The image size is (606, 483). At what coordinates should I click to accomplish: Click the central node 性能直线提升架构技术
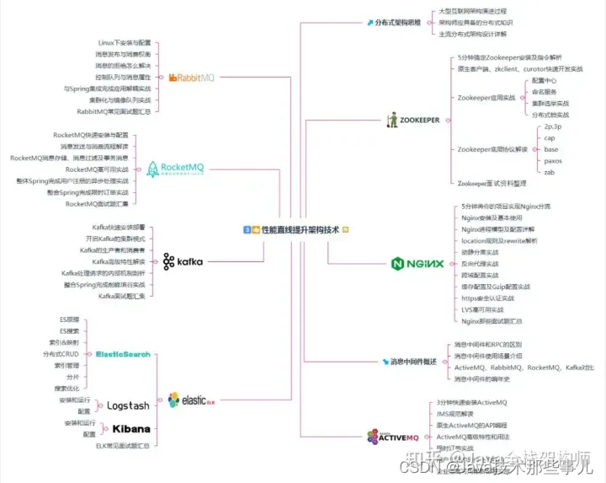pos(296,229)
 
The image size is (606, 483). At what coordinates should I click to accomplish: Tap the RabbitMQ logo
pos(192,78)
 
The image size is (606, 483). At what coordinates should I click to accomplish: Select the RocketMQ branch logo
pos(176,169)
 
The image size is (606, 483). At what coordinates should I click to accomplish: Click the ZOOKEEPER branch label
pos(413,121)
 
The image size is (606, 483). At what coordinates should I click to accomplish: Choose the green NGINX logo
pos(418,263)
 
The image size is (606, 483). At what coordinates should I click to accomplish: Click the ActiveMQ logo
pos(393,437)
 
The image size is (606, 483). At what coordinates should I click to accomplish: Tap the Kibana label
pos(130,428)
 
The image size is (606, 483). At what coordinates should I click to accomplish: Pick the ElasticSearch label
pos(123,355)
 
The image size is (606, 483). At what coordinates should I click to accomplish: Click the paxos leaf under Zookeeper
pos(553,160)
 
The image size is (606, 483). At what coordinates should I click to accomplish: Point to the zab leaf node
pos(550,171)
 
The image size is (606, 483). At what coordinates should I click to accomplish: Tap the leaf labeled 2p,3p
pos(554,126)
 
